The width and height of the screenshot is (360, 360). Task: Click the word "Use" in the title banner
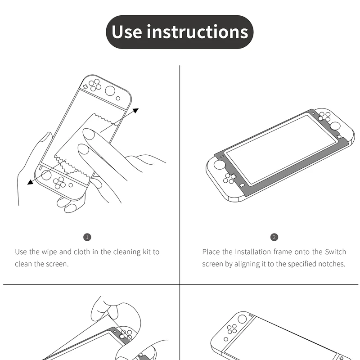click(x=127, y=31)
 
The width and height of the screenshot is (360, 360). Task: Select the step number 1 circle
click(x=87, y=237)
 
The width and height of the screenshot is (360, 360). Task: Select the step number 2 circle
click(x=274, y=237)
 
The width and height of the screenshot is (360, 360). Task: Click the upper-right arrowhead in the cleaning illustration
click(x=136, y=110)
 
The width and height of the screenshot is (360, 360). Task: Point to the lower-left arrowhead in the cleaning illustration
click(x=30, y=182)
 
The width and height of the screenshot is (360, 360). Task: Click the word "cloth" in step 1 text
click(x=82, y=252)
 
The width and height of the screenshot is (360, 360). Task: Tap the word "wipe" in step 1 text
click(x=49, y=252)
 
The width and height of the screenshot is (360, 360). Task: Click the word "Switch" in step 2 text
click(x=335, y=252)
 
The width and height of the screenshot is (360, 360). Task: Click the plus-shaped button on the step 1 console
click(x=85, y=87)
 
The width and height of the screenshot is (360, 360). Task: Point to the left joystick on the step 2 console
click(x=220, y=165)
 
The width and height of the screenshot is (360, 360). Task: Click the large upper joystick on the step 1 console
click(x=110, y=91)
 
